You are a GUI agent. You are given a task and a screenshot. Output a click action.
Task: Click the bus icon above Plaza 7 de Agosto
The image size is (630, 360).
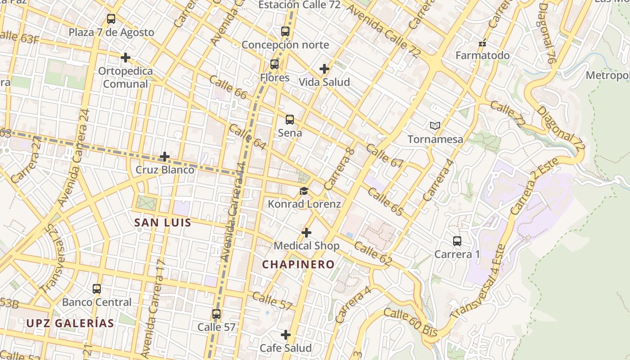[x=111, y=19]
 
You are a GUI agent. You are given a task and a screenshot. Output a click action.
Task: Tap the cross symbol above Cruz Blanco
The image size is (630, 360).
[x=165, y=157]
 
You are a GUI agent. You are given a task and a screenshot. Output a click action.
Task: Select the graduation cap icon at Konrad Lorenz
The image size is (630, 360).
[x=304, y=191]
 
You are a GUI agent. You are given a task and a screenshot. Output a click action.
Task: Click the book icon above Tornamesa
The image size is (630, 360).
[x=435, y=126]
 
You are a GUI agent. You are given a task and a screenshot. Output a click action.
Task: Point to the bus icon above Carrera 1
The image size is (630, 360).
[x=457, y=241]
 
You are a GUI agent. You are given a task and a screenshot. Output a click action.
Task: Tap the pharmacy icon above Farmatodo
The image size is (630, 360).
[x=482, y=44]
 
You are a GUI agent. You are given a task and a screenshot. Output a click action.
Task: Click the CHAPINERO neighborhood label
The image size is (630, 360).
[x=298, y=265]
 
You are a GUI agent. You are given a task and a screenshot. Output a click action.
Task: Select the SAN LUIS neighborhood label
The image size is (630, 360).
[x=163, y=222]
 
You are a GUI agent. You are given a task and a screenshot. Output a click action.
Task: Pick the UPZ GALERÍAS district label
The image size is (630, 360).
[x=70, y=323]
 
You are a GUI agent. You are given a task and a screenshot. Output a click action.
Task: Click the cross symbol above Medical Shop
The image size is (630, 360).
[x=306, y=233]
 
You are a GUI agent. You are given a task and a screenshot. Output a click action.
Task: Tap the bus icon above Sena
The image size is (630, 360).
[x=290, y=120]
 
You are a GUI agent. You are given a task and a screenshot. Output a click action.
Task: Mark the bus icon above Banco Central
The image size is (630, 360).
[x=97, y=289]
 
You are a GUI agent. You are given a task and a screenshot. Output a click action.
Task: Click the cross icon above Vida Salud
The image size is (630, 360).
[x=324, y=69]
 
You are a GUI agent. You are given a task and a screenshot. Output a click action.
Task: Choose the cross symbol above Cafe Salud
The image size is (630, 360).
[x=285, y=335]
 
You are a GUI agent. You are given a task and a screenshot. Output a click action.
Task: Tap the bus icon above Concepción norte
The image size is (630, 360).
[x=285, y=31]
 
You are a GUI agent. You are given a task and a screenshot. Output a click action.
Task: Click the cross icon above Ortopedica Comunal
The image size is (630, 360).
[x=126, y=58]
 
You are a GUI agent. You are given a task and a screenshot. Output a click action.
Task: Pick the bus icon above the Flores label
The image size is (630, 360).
[x=274, y=64]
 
